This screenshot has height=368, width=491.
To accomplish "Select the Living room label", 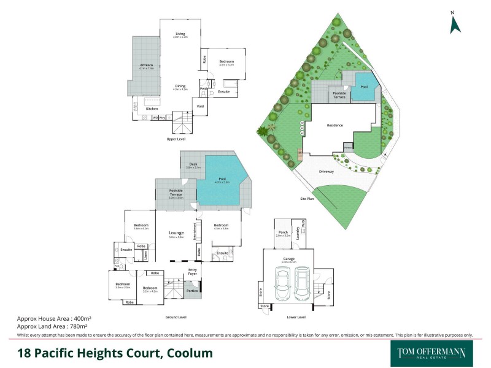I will tap(180, 34).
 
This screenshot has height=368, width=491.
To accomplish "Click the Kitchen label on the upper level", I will tap(152, 109).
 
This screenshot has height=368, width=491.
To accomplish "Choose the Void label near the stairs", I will tap(199, 107).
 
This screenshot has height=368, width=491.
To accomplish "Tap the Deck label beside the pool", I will tap(193, 164).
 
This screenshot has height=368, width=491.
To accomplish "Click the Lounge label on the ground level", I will tap(177, 232).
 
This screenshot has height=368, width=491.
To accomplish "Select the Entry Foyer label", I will tap(193, 272).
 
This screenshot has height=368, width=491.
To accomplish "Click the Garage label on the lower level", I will tap(288, 259).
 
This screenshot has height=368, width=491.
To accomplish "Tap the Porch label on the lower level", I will tap(284, 232).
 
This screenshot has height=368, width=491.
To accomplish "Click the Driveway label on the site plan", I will tap(327, 172).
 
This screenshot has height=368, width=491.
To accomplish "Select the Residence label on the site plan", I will tap(334, 125).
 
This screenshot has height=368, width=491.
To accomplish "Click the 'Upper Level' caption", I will tap(176, 139).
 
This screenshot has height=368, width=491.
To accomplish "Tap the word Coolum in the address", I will tap(185, 353).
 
